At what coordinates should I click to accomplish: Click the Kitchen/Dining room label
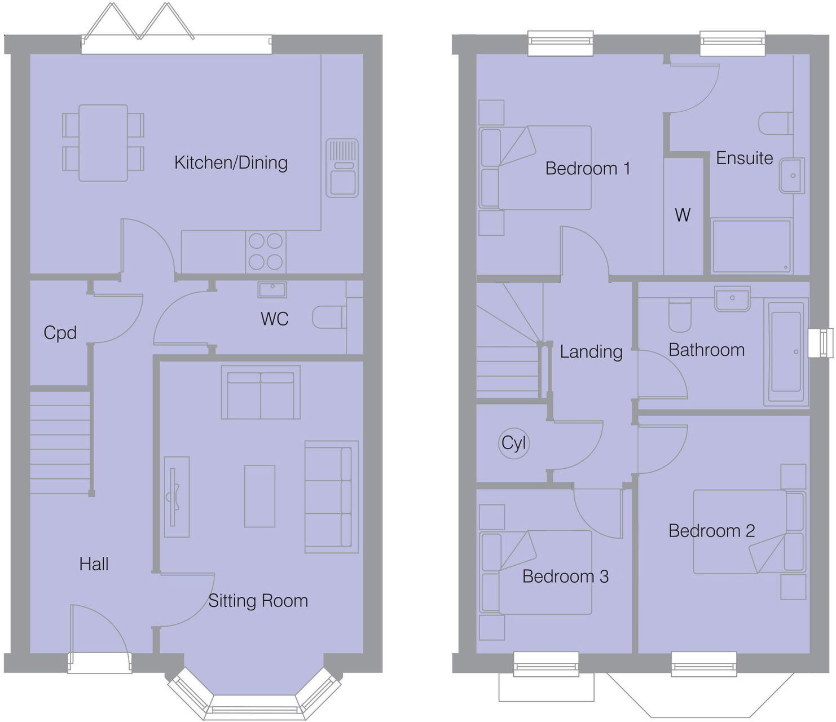231,162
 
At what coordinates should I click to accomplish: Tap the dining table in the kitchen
103,143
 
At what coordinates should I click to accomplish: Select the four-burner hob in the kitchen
266,252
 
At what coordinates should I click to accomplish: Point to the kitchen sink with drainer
342,168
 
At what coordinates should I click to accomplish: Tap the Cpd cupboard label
60,333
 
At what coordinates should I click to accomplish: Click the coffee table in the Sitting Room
259,496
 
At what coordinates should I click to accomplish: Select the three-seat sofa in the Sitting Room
331,496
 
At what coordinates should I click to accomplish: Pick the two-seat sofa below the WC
261,392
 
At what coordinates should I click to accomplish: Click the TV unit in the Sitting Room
177,496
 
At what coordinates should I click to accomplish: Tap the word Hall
94,564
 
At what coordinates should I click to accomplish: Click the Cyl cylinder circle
514,443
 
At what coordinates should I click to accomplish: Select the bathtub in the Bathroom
786,352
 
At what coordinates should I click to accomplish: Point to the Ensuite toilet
776,123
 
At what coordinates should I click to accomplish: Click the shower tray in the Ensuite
751,246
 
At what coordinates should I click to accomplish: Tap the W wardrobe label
683,215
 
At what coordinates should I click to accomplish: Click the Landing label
591,352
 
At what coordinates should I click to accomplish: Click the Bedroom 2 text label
711,531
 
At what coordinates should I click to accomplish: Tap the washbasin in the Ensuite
792,175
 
